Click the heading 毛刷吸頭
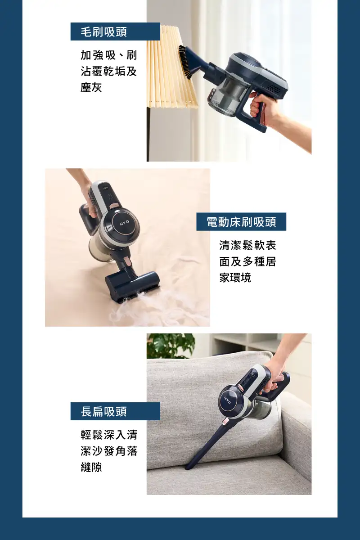pos(103,32)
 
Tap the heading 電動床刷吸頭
pos(241,222)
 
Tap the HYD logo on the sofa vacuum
pos(227,400)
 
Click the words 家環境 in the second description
pos(235,278)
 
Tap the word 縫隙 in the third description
pos(91,467)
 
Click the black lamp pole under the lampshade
pos(148,134)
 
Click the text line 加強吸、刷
pos(109,55)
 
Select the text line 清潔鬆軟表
pos(247,245)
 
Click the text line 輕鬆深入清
pos(109,435)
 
